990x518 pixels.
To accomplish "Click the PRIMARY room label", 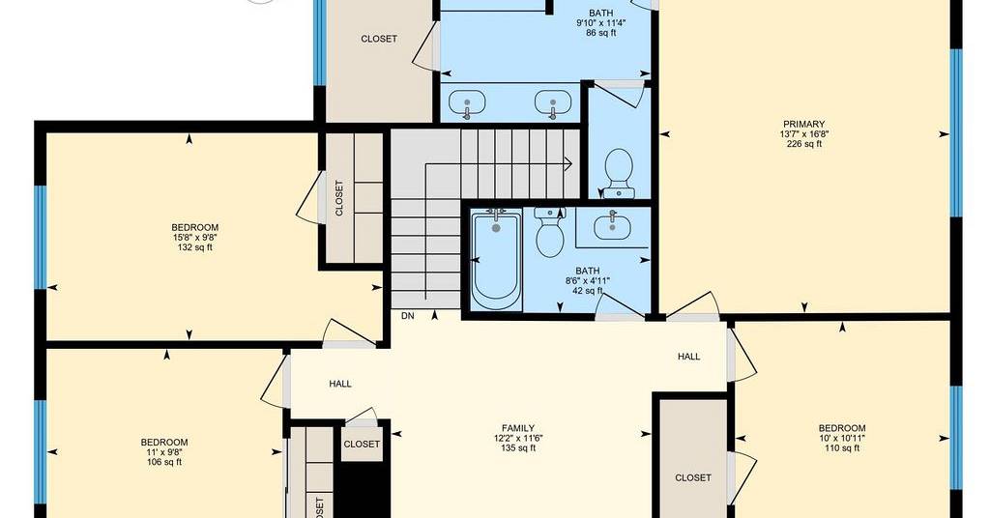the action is (803, 125).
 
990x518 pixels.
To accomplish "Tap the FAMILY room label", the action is (518, 428).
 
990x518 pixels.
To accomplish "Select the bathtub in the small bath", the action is (496, 260).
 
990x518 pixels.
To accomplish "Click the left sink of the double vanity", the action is (467, 103).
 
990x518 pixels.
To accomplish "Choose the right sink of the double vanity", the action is (553, 103).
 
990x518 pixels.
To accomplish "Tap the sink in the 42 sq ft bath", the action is (611, 225).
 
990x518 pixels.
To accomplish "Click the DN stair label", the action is (408, 315).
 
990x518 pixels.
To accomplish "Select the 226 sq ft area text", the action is (803, 144).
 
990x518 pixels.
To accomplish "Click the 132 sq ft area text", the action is (194, 247).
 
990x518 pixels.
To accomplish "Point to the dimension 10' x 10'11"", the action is (842, 438).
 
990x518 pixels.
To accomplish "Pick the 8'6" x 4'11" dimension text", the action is (587, 281).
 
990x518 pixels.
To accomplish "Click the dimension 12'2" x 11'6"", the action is (518, 438).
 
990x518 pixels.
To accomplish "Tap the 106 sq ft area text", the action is (163, 462).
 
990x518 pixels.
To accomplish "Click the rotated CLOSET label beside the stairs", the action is (339, 198).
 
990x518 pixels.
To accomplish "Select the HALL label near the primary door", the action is (688, 357).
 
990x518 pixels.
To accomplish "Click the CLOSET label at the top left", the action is (379, 39).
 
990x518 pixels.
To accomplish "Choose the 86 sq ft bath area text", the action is (600, 33).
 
